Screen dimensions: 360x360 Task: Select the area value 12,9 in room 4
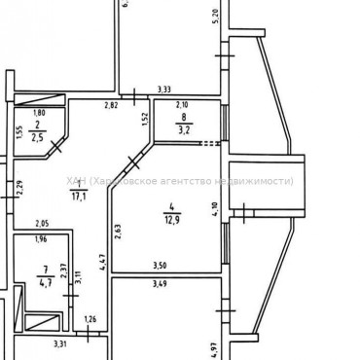(171, 218)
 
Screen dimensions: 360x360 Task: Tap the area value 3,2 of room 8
(181, 126)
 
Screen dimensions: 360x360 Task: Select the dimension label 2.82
(112, 104)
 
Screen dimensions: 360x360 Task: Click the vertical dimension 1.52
(144, 121)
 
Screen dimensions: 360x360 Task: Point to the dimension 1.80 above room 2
(39, 113)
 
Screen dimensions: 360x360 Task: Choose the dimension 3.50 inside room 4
(160, 265)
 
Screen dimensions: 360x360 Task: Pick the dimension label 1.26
(90, 320)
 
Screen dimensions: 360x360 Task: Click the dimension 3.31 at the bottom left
(58, 343)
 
